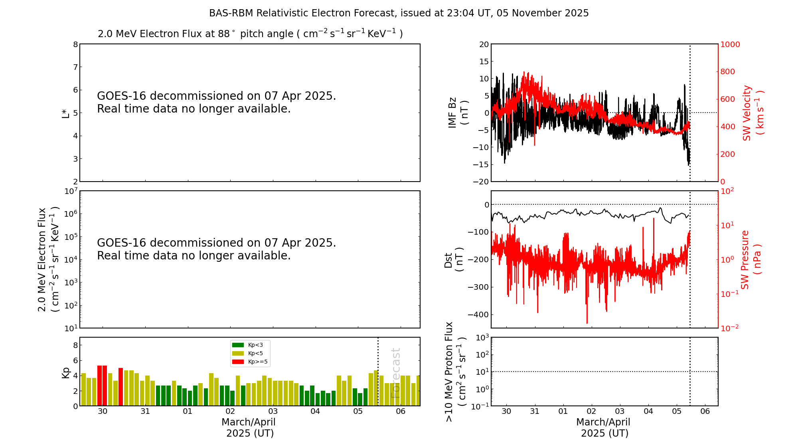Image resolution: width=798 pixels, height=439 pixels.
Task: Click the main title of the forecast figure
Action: pos(399,13)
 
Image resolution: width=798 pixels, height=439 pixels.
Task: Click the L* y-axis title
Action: pos(66,113)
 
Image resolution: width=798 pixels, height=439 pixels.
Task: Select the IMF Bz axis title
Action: pos(458,113)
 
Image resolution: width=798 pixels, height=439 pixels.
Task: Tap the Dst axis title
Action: pos(454,260)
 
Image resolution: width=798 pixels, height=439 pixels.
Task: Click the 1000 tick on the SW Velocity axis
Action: pos(730,44)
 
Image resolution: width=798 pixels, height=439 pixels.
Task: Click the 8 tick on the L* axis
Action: pos(75,44)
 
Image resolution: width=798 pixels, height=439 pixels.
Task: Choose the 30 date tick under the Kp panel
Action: pos(103,411)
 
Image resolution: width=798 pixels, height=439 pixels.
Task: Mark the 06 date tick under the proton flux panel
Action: pos(705,411)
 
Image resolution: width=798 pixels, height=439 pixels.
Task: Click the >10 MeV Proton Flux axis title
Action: pos(455,372)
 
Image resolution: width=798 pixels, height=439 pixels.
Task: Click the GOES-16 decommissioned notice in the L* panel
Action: pos(216,102)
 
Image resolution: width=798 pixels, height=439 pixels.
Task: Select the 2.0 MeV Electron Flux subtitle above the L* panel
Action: pos(250,34)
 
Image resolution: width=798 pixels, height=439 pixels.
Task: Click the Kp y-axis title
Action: pos(66,372)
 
